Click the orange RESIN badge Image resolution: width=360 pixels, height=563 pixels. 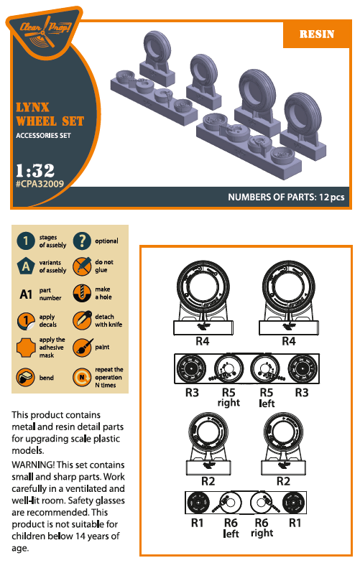(317, 34)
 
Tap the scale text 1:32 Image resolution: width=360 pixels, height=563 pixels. (35, 170)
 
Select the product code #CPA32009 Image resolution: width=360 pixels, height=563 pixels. (40, 184)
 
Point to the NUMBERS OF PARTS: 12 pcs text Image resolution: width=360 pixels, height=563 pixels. (286, 197)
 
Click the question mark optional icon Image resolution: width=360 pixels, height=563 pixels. (83, 241)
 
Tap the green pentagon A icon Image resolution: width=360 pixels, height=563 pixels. (26, 267)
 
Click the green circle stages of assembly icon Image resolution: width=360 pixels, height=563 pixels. (26, 241)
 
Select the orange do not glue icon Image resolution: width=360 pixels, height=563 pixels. (83, 267)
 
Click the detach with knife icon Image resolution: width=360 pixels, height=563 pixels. (83, 320)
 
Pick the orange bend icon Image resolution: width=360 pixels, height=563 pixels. (26, 377)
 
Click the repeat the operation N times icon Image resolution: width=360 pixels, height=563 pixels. (83, 377)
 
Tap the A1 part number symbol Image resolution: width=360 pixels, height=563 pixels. (26, 294)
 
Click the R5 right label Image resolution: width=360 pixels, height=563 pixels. (229, 398)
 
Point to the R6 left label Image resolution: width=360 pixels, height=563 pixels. (231, 529)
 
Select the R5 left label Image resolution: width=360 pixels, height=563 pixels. (267, 398)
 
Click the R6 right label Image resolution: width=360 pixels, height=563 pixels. (262, 529)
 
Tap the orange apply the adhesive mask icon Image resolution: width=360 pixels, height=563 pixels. (26, 348)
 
